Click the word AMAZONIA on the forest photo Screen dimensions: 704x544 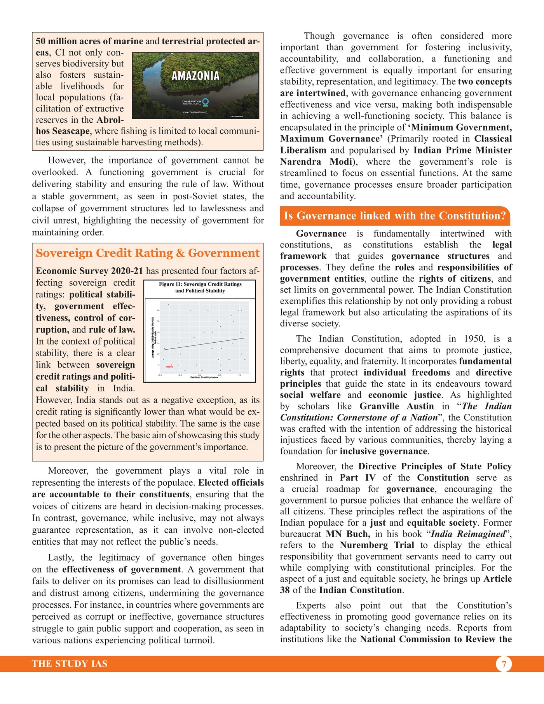(x=195, y=76)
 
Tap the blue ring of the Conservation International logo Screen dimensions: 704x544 (x=206, y=102)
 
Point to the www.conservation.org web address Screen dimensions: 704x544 (x=195, y=112)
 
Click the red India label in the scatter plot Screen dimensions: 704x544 (x=169, y=366)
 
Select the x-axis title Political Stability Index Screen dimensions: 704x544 (x=204, y=377)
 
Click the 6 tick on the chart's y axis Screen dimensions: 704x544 (x=158, y=310)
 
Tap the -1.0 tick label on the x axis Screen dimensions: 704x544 (x=160, y=375)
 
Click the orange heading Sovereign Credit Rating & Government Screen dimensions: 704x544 (x=148, y=253)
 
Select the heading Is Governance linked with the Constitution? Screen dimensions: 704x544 (x=395, y=216)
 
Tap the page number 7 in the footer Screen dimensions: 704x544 (x=504, y=664)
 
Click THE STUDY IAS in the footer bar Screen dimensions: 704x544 (x=70, y=664)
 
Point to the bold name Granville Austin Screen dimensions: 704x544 (x=396, y=406)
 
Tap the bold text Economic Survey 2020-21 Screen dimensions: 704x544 (x=89, y=271)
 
